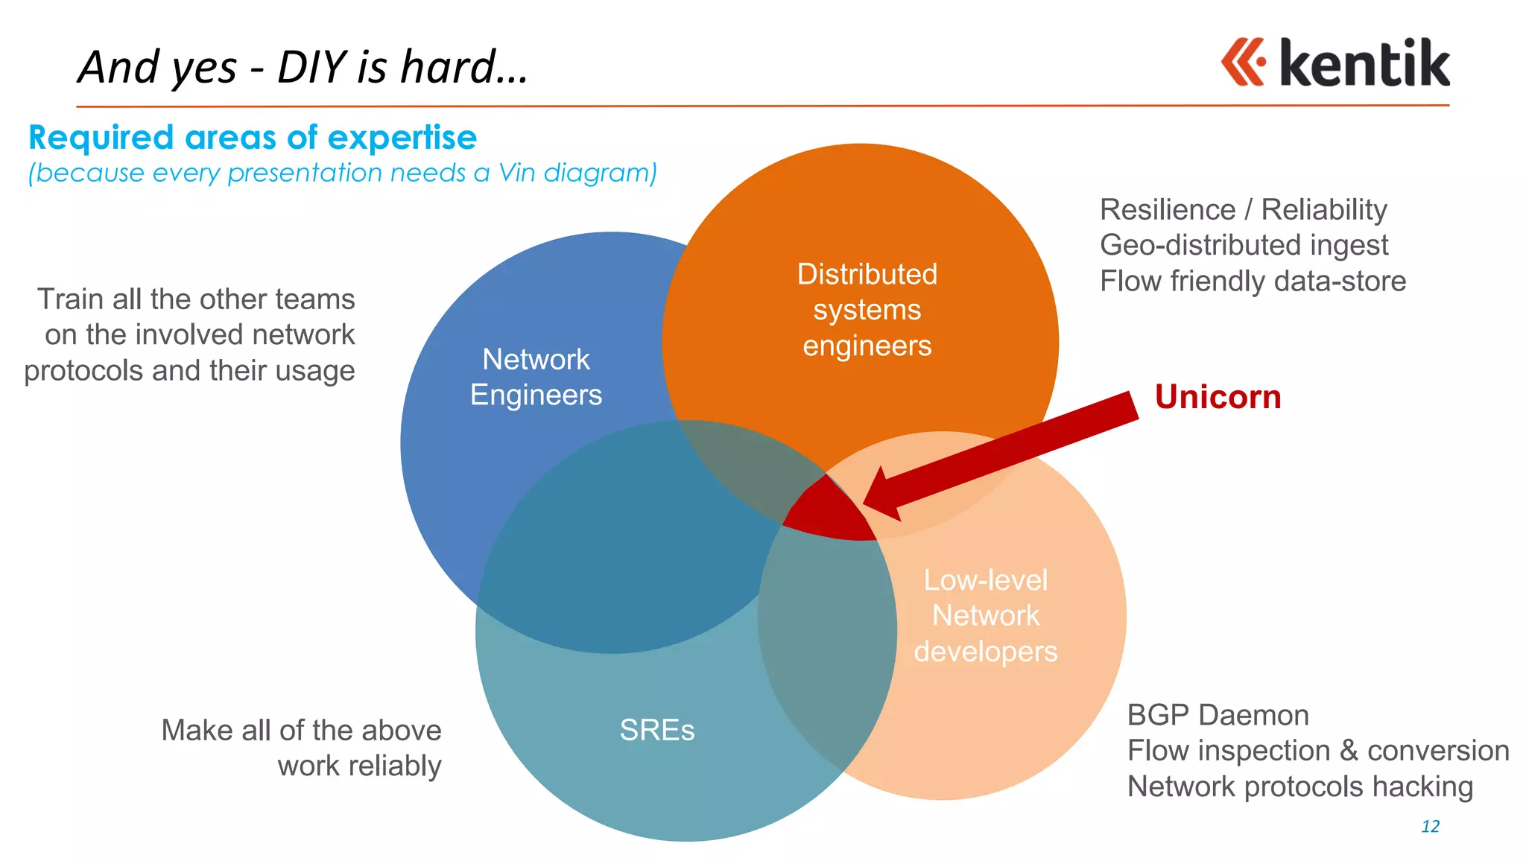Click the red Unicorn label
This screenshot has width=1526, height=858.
(1218, 397)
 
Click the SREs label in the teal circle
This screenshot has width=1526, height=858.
(656, 730)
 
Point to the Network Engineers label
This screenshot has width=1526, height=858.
(536, 377)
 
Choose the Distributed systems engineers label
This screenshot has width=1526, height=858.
(867, 310)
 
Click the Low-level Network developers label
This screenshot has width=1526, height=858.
(985, 615)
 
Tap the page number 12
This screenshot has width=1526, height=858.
(1430, 826)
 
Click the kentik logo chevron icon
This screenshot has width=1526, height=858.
(1243, 62)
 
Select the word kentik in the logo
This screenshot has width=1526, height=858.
(1364, 63)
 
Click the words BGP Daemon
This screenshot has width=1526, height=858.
(1218, 715)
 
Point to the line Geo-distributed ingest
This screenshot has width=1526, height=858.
(1244, 245)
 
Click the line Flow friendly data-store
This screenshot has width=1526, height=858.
(1253, 282)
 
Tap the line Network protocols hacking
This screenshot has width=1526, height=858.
(1299, 786)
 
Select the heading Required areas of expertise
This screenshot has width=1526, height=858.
(253, 138)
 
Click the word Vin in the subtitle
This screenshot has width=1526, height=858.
(517, 173)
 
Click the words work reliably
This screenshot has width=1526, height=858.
(359, 766)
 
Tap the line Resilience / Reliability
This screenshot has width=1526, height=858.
(1243, 209)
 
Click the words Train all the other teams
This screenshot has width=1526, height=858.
(196, 299)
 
